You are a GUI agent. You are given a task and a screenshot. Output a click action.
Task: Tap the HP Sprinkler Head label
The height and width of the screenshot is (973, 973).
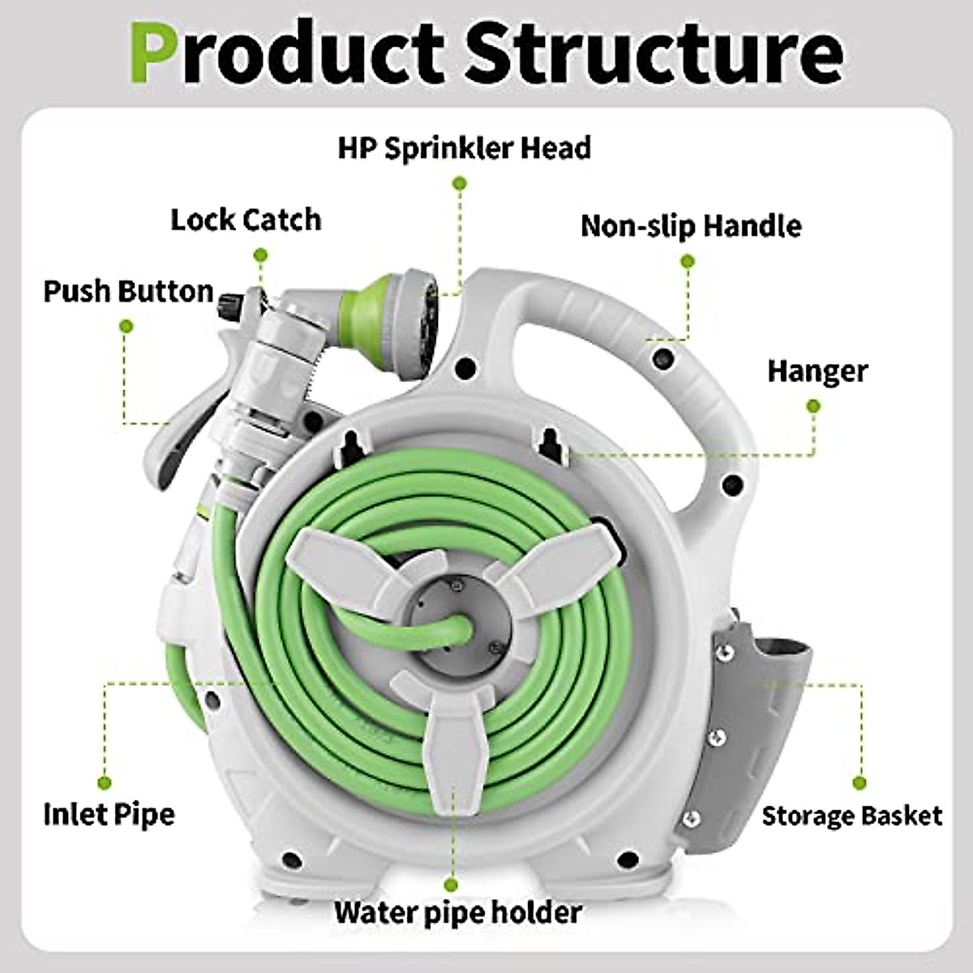(x=464, y=148)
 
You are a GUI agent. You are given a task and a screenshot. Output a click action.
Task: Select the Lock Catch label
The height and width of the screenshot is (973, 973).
(x=246, y=219)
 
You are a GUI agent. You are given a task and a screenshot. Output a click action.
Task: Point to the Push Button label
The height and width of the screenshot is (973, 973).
(x=128, y=291)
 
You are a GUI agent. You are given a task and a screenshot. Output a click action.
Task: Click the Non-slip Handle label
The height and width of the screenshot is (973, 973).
(x=691, y=225)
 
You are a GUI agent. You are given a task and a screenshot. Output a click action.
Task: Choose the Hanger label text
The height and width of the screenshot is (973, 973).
(x=817, y=371)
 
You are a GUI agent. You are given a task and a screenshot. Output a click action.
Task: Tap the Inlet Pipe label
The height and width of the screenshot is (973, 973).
(x=109, y=813)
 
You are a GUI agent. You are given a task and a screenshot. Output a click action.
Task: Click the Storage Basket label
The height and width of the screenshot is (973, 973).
(x=852, y=815)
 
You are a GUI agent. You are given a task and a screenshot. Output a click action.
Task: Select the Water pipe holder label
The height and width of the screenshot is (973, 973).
(x=458, y=912)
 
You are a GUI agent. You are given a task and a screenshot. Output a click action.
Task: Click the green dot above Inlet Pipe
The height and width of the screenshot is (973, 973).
(x=105, y=782)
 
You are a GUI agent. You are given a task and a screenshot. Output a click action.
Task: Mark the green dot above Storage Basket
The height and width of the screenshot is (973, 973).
(x=859, y=783)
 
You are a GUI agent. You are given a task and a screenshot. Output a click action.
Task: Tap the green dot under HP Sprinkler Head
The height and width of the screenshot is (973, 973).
(x=460, y=185)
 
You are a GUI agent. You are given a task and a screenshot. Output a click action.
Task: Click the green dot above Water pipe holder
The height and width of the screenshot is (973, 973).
(x=451, y=885)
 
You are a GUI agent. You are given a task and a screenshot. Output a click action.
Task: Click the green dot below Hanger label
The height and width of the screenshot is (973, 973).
(x=814, y=405)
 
